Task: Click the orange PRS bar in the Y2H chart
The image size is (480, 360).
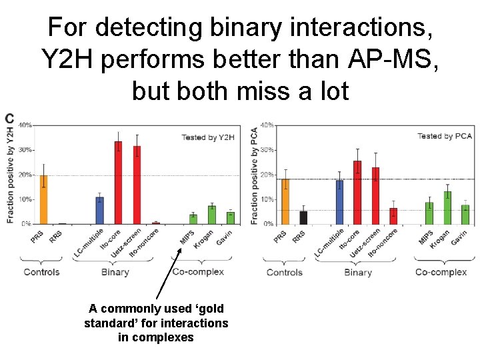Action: (44, 199)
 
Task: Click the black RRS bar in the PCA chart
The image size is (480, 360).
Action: (303, 217)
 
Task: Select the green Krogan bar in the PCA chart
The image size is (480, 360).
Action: (447, 207)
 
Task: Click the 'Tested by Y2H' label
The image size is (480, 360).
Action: (208, 137)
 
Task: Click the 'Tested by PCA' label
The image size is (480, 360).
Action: (444, 136)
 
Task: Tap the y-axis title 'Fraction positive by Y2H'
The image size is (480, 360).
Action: (10, 174)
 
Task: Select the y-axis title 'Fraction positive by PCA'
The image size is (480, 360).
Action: (254, 175)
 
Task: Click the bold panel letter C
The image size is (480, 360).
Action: (9, 119)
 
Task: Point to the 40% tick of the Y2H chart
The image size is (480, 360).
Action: (25, 125)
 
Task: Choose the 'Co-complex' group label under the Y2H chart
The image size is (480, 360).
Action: (198, 272)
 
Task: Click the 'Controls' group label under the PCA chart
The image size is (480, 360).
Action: (285, 272)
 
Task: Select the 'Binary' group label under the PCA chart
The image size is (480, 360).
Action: (358, 272)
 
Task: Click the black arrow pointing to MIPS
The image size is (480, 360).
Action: (169, 273)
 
